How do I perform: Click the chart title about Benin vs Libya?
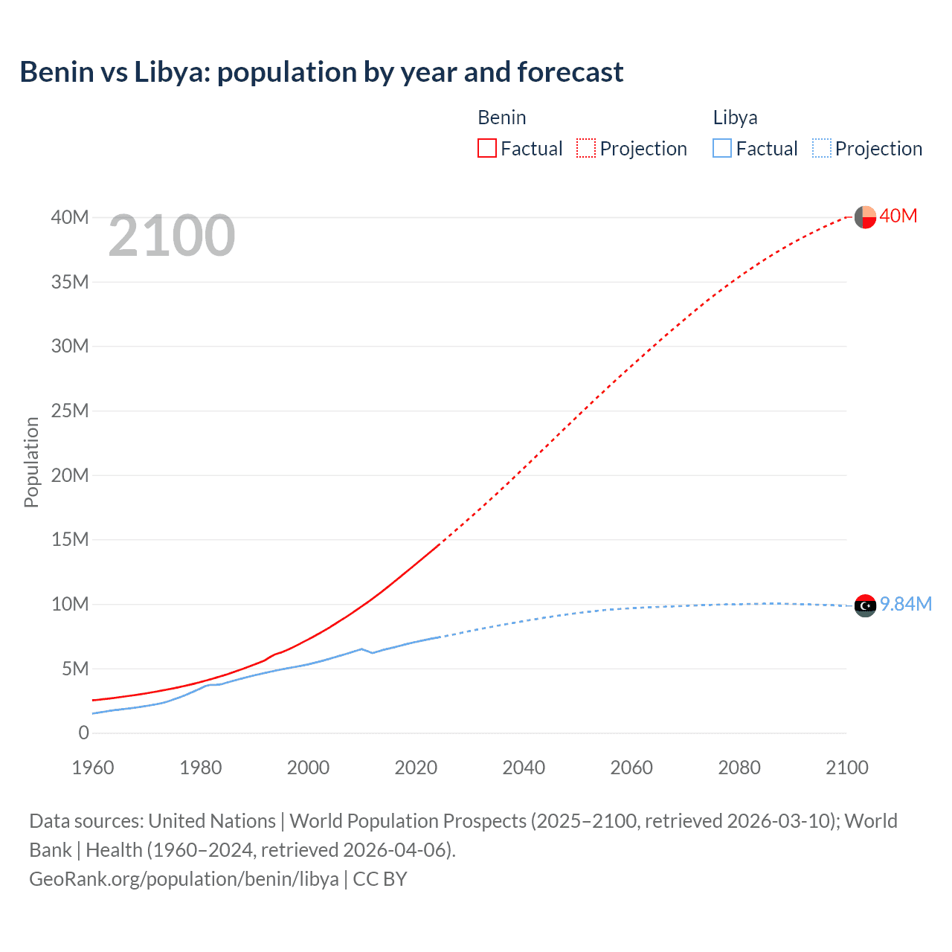pyautogui.click(x=321, y=72)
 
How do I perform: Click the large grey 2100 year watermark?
pyautogui.click(x=172, y=236)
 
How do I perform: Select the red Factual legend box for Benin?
pyautogui.click(x=486, y=148)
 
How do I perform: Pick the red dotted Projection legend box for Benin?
pyautogui.click(x=586, y=148)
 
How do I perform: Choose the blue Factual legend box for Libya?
pyautogui.click(x=721, y=148)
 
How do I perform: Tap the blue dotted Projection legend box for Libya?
pyautogui.click(x=821, y=148)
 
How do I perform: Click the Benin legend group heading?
pyautogui.click(x=501, y=118)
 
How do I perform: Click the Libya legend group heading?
pyautogui.click(x=735, y=118)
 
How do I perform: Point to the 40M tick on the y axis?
pyautogui.click(x=70, y=217)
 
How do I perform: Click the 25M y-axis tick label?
pyautogui.click(x=70, y=411)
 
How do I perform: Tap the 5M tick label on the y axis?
pyautogui.click(x=75, y=669)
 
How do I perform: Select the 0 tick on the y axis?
pyautogui.click(x=83, y=733)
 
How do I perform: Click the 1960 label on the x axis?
pyautogui.click(x=93, y=768)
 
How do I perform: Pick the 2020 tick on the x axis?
pyautogui.click(x=416, y=768)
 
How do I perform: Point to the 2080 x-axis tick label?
pyautogui.click(x=739, y=768)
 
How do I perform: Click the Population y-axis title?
pyautogui.click(x=31, y=462)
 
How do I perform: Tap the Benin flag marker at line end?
pyautogui.click(x=865, y=217)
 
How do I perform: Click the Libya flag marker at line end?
pyautogui.click(x=865, y=606)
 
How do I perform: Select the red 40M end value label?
pyautogui.click(x=898, y=216)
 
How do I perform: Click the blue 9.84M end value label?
pyautogui.click(x=906, y=604)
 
